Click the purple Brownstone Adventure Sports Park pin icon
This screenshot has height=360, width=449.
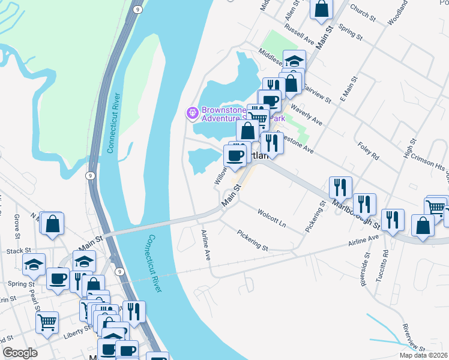coord(192,112)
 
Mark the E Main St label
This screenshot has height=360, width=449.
coord(349,89)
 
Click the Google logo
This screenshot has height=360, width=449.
coord(20,353)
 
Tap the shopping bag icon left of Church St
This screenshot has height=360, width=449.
coord(322,8)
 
